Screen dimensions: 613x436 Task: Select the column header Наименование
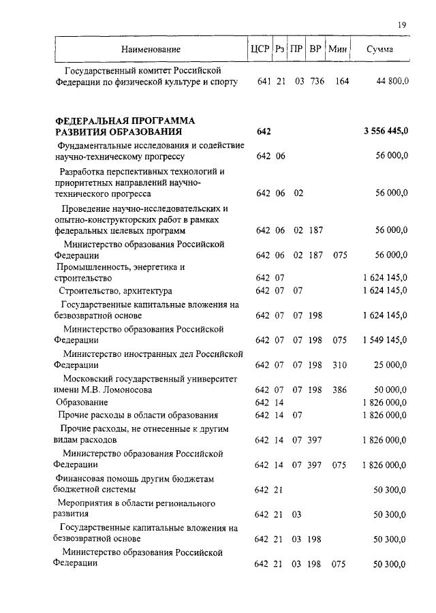pos(151,50)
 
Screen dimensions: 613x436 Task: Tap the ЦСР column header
pos(260,49)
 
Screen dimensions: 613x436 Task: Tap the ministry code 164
pos(342,82)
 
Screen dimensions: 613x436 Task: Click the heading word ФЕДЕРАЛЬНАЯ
pos(93,121)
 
